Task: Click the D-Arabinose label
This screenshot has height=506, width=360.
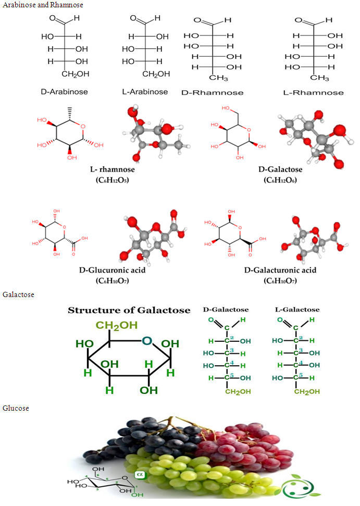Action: [64, 92]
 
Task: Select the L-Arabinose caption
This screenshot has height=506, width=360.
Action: [145, 92]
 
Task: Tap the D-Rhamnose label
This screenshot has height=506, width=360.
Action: [212, 93]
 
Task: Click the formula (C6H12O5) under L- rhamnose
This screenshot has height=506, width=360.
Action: [113, 180]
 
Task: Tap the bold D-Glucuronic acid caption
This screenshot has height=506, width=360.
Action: [112, 270]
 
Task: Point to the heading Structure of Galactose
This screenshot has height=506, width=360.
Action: [129, 311]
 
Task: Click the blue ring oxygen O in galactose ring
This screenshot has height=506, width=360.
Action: [147, 341]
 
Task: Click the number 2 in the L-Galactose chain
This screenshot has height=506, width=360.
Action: [301, 337]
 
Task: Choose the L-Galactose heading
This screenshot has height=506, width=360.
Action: [297, 310]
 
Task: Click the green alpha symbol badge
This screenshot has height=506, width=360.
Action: [140, 475]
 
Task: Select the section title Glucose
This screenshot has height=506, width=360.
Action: [16, 408]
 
